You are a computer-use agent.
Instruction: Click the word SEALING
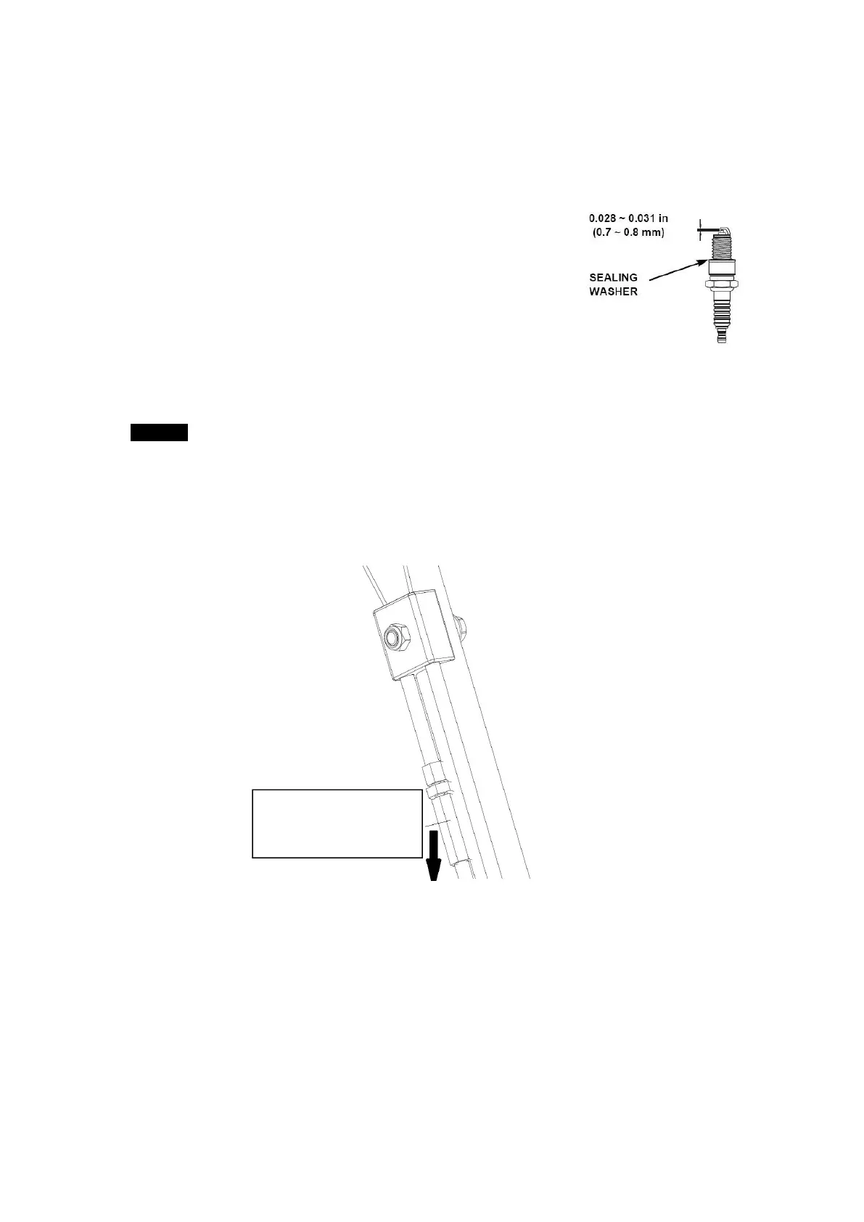(613, 277)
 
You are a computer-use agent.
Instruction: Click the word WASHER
(613, 292)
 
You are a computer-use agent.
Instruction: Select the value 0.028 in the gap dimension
(604, 218)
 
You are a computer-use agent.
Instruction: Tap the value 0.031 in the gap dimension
(642, 218)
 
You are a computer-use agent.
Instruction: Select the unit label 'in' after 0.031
(663, 218)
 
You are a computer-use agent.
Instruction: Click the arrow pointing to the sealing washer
(675, 269)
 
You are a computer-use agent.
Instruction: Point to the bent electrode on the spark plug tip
(723, 228)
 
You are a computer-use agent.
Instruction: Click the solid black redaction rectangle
(159, 432)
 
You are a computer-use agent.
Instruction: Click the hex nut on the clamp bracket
(395, 636)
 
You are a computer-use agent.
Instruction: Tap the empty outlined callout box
(337, 823)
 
